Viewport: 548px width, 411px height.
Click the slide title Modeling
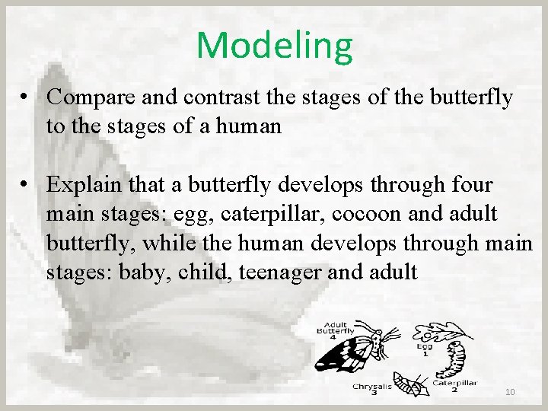[x=275, y=45]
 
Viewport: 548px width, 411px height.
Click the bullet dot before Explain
[x=26, y=186]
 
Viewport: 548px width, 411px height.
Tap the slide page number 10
[x=510, y=392]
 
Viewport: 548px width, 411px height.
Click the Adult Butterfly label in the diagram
[x=335, y=329]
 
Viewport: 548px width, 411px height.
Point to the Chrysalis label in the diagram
[x=372, y=387]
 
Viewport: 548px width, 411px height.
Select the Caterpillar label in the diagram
[x=455, y=384]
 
